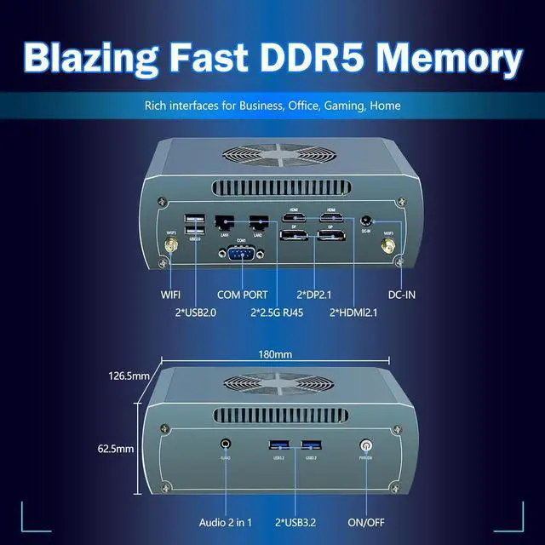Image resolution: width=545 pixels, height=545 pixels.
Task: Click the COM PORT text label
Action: [242, 295]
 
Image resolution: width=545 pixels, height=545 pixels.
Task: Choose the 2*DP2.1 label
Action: [317, 295]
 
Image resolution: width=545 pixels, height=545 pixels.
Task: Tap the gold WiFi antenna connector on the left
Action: [170, 247]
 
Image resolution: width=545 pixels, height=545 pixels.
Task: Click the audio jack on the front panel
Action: [226, 444]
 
